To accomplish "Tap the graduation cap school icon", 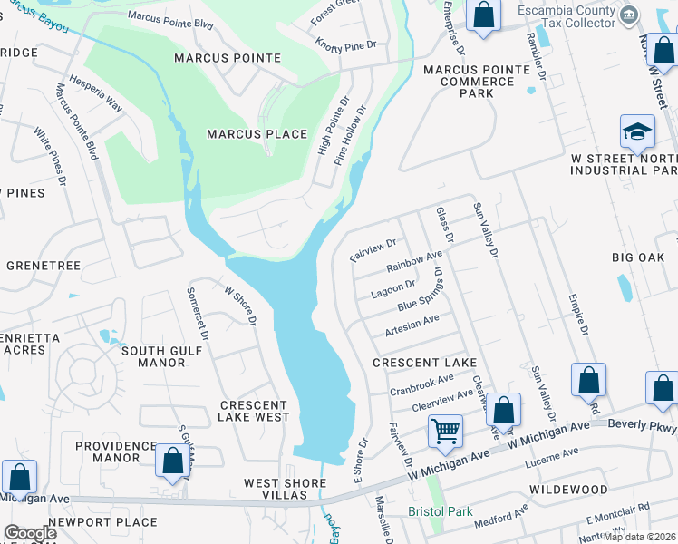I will [637, 132].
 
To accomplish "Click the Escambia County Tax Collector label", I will [578, 16].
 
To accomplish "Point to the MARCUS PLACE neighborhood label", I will [250, 134].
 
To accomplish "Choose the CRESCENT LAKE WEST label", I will [254, 411].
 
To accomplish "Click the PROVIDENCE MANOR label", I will [116, 452].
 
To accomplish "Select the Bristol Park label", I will [441, 511].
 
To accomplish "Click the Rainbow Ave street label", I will [414, 262].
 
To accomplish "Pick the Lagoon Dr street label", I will [392, 290].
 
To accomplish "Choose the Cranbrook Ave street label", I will [421, 385].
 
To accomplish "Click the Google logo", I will [30, 533].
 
